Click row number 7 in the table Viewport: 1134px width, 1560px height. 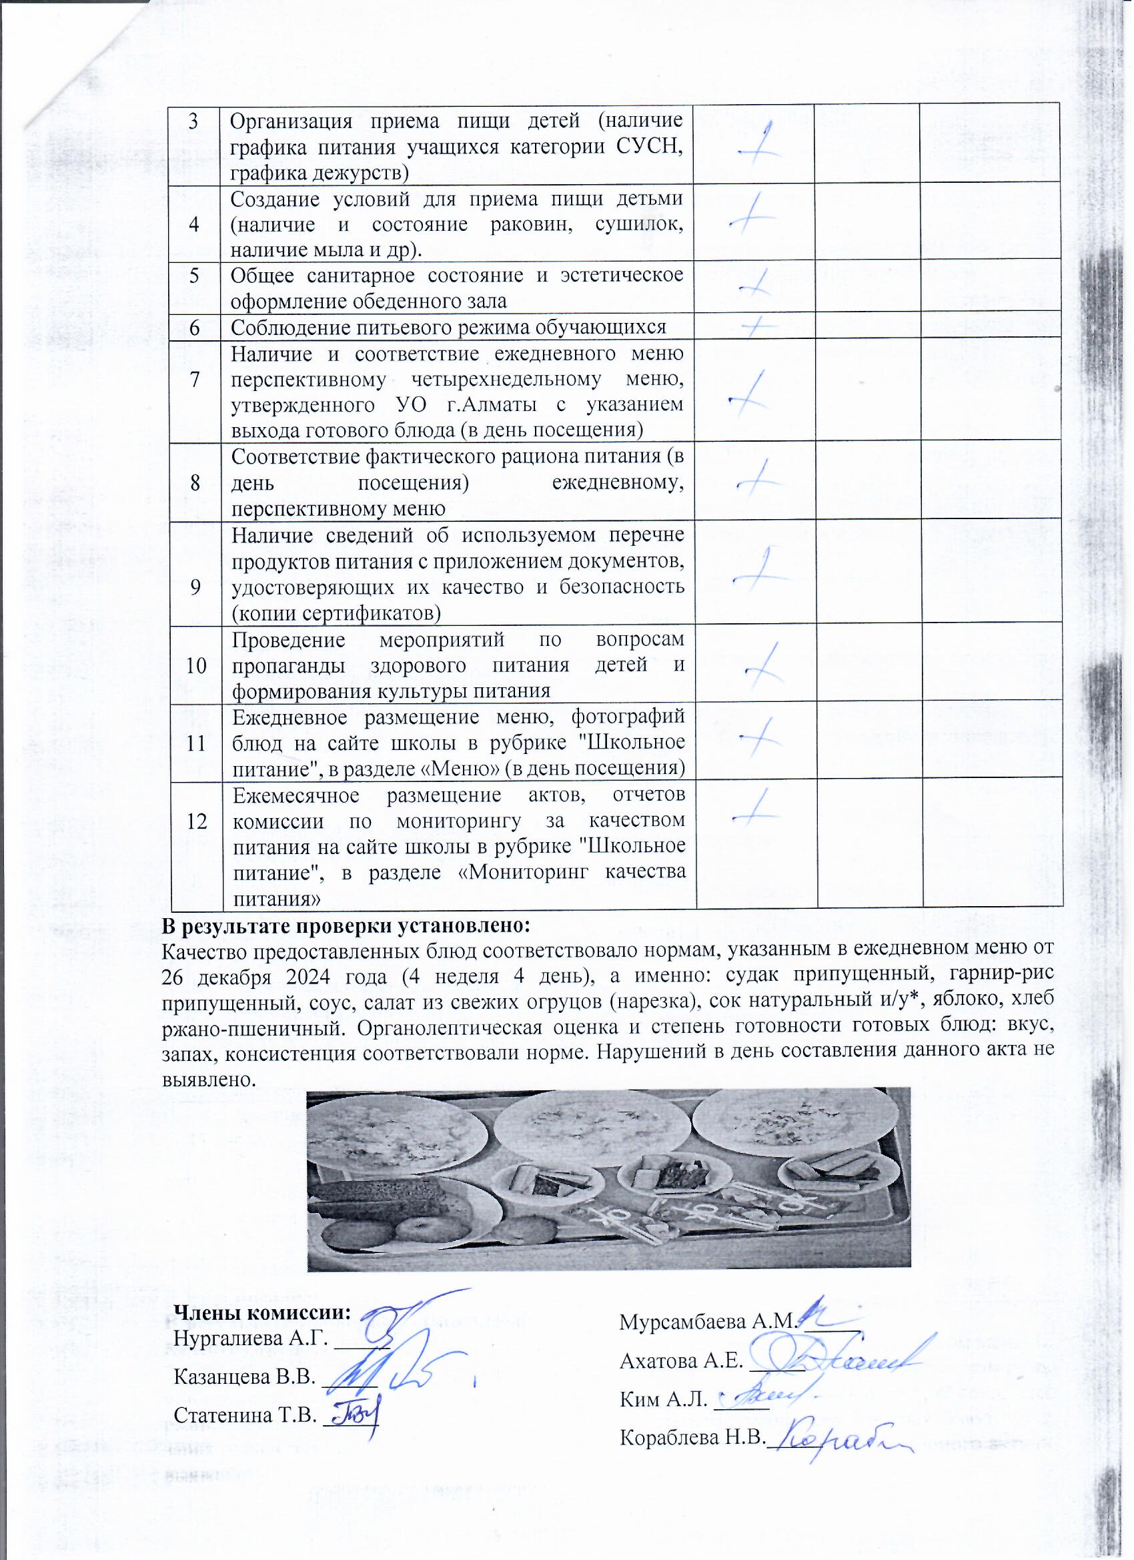click(x=196, y=379)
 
